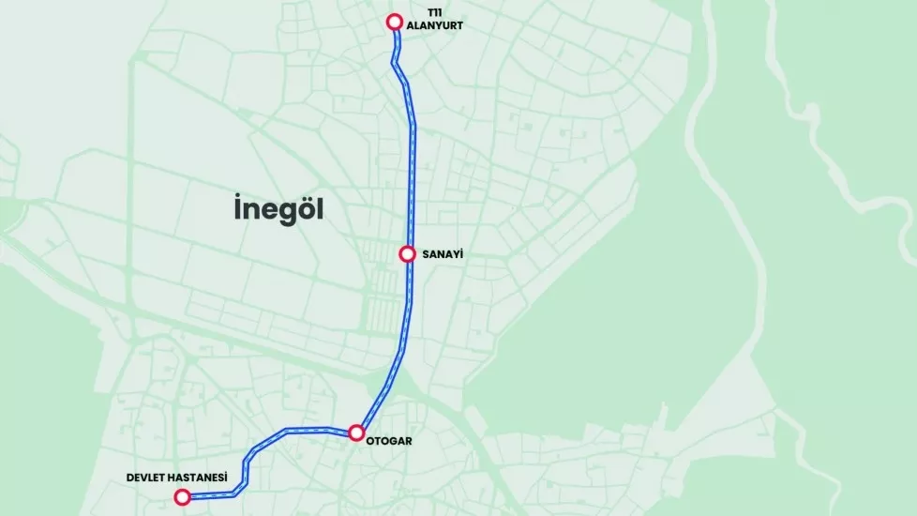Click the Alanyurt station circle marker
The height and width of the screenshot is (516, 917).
click(395, 22)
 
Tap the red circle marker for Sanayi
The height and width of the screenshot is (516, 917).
click(408, 253)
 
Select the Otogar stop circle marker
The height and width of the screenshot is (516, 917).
click(356, 433)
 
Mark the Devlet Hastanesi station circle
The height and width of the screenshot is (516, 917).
click(182, 496)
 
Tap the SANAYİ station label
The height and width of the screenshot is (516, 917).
click(443, 254)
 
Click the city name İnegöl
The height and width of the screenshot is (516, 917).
click(278, 209)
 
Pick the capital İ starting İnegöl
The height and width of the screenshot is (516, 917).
click(237, 207)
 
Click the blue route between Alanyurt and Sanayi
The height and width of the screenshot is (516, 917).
click(411, 150)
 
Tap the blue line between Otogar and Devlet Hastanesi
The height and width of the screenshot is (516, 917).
click(281, 433)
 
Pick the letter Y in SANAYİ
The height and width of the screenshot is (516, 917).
click(455, 254)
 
